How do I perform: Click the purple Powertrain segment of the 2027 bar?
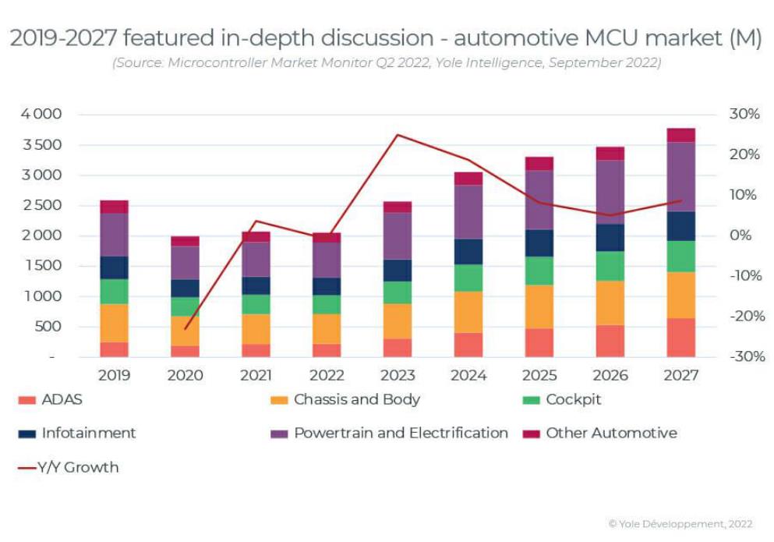(x=681, y=177)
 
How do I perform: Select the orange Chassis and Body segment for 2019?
(x=115, y=323)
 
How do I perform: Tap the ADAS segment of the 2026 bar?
(x=610, y=341)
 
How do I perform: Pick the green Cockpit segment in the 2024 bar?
(x=468, y=278)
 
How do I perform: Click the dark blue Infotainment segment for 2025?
(x=539, y=243)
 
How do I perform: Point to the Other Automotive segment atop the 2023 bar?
(x=398, y=207)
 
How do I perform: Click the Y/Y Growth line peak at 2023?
(x=398, y=135)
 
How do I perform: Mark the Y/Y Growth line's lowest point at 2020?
(x=185, y=329)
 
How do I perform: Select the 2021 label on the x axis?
(x=256, y=375)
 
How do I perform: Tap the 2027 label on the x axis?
(x=681, y=375)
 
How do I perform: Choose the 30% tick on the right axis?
(x=744, y=115)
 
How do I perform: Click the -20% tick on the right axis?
(x=744, y=317)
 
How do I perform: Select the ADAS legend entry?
(x=62, y=400)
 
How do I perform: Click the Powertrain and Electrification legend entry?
(x=401, y=433)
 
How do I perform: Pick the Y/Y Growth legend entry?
(x=78, y=468)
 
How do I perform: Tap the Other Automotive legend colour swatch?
(x=532, y=434)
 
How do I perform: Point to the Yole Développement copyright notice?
(x=680, y=524)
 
